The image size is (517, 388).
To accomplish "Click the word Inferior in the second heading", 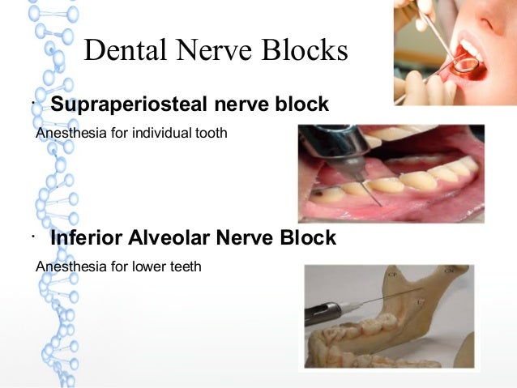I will (x=88, y=238).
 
